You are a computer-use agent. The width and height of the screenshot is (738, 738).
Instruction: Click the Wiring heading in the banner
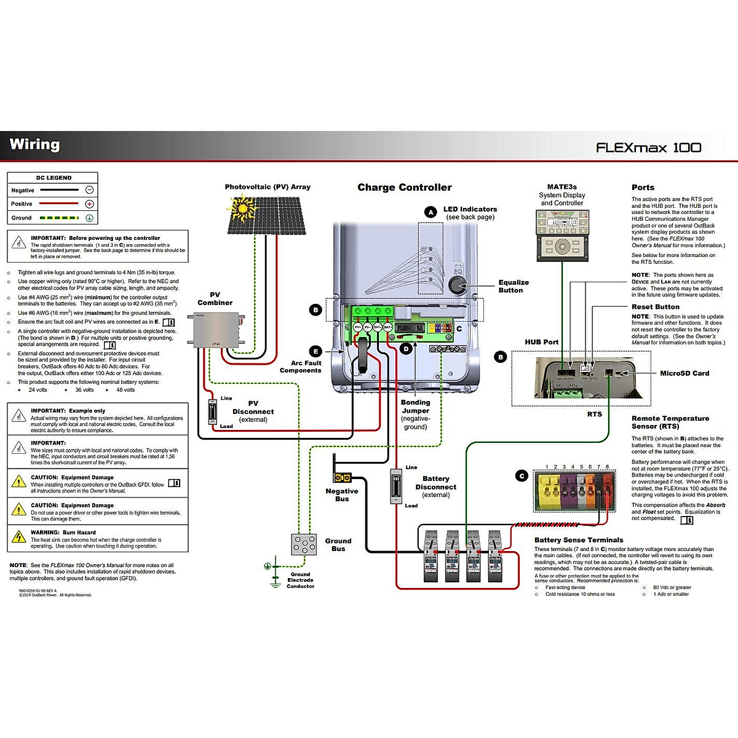35,145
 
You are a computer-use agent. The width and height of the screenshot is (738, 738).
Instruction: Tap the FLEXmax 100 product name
648,148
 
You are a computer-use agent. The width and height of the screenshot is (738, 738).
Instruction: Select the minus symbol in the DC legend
90,190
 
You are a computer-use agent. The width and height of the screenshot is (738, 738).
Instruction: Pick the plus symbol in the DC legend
90,204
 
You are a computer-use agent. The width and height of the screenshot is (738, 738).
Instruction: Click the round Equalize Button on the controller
458,284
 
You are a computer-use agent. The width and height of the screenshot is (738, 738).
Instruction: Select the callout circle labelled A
430,212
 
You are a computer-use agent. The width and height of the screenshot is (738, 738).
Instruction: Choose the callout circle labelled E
315,352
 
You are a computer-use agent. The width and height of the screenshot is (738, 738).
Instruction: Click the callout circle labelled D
405,349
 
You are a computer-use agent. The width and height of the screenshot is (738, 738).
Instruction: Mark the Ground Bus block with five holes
304,544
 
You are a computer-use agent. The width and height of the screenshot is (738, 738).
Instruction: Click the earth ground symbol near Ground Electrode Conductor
268,566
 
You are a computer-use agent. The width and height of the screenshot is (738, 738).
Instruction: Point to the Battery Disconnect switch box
397,486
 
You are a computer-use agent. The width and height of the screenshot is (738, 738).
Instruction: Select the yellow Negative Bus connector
342,477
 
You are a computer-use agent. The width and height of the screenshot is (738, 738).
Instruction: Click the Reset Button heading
655,307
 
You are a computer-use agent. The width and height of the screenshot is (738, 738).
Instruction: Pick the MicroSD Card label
684,373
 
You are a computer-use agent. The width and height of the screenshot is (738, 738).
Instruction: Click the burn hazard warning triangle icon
19,537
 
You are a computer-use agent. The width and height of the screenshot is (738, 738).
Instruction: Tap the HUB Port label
541,342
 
